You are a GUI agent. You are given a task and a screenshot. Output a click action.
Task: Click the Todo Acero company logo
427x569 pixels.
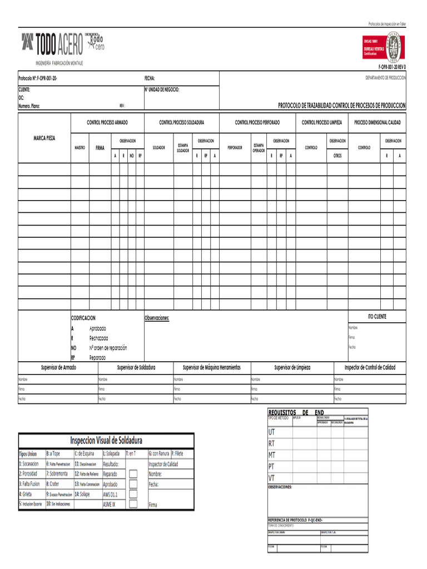[x=62, y=44]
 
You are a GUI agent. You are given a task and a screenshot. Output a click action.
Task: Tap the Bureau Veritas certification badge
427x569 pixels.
[x=384, y=47]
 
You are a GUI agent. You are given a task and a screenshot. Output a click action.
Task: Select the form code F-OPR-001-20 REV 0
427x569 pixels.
[x=392, y=66]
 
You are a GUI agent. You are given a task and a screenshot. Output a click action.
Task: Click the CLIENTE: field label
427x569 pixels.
[x=24, y=89]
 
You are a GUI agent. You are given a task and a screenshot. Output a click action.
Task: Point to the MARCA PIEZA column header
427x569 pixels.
[x=44, y=137]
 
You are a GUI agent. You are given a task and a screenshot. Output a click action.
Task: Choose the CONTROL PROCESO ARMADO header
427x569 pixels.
[x=107, y=122]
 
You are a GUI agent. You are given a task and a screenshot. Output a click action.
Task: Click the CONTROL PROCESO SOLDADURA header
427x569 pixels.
[x=181, y=122]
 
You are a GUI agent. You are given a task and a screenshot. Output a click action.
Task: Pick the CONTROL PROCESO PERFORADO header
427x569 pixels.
[x=257, y=122]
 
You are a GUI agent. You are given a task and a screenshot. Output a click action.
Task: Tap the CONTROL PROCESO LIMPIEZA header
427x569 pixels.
[x=321, y=122]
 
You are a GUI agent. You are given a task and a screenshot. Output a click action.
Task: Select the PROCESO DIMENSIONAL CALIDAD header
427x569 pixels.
[x=377, y=122]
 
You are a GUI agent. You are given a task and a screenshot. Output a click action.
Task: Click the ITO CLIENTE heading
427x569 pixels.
[x=376, y=317]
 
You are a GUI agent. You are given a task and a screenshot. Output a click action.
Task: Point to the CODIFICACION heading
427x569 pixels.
[x=83, y=318]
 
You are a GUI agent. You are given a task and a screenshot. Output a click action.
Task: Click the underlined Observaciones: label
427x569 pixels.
[x=157, y=318]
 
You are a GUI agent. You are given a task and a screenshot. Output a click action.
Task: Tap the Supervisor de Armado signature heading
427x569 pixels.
[x=58, y=368]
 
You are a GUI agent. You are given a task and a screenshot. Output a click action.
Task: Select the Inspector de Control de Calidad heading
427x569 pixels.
[x=370, y=368]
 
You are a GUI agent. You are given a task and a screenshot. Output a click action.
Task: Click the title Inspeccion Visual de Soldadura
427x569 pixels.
[x=106, y=441]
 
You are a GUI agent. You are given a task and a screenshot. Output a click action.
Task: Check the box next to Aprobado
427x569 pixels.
[x=133, y=484]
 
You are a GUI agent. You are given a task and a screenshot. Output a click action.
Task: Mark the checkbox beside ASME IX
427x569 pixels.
[x=133, y=504]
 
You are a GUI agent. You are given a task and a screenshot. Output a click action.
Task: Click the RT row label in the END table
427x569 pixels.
[x=272, y=443]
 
